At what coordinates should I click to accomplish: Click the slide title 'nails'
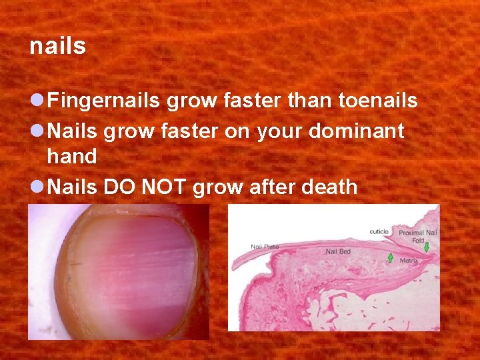coord(58,47)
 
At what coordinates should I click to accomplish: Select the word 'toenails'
coord(378,101)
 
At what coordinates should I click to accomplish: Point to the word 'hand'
coord(72,157)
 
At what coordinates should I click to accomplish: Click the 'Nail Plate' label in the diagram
coord(265,247)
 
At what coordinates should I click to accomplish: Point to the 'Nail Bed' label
coord(338,252)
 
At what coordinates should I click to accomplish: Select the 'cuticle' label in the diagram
coord(379,232)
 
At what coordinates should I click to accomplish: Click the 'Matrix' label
coord(409,261)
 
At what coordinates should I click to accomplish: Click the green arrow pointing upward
coord(391,257)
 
